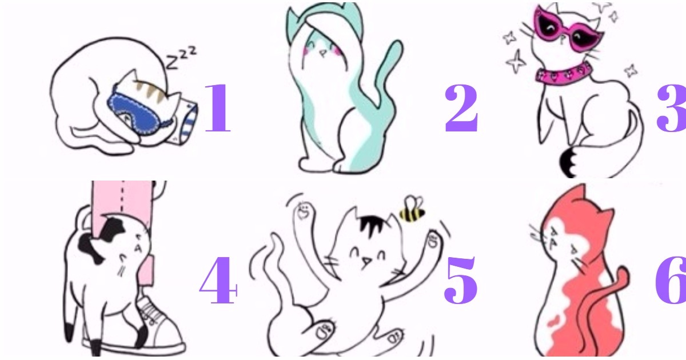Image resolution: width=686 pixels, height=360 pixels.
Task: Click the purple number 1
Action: tap(218, 108)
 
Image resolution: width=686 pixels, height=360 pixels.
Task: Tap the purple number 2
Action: tap(461, 108)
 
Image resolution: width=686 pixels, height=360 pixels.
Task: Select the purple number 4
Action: tap(218, 280)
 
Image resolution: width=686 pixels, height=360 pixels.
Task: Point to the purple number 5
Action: tap(460, 280)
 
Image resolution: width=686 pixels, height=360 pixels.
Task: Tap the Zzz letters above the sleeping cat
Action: tap(181, 58)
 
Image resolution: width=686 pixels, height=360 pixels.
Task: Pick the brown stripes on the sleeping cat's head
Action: tap(151, 91)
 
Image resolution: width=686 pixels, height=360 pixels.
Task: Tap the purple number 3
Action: tap(672, 108)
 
